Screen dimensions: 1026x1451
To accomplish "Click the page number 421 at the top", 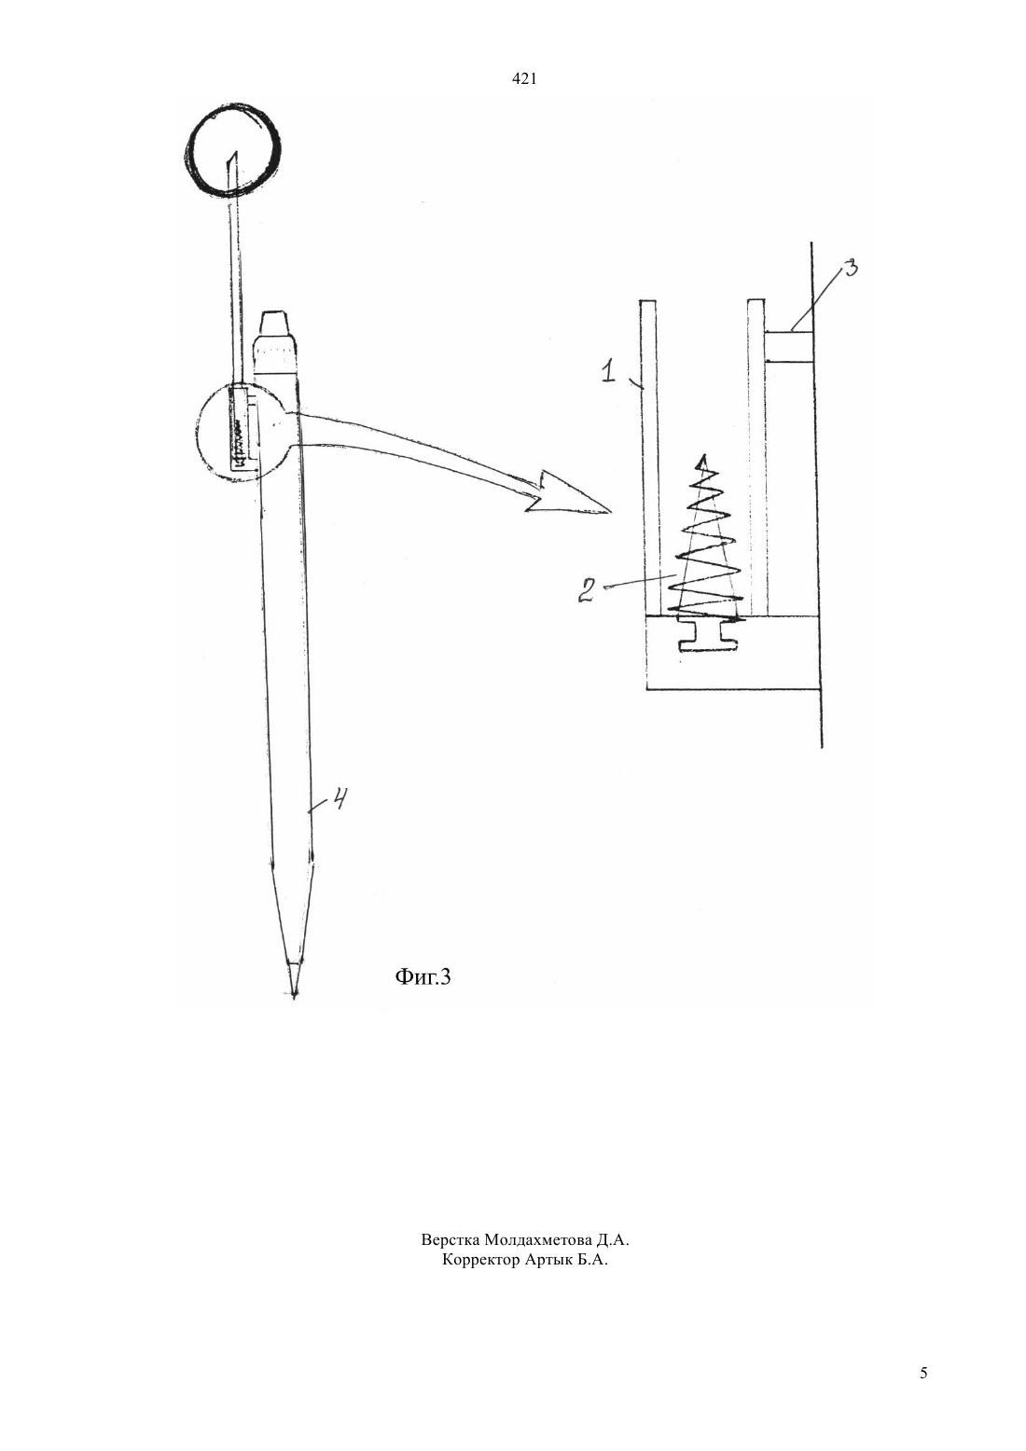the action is [x=524, y=79].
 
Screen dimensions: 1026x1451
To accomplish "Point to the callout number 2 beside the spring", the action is [x=587, y=590].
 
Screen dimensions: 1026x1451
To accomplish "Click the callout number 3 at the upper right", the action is [x=850, y=269].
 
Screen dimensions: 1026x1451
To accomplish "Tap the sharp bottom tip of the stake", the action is [x=294, y=998].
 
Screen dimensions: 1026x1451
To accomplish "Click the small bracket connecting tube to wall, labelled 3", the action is [x=788, y=346].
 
